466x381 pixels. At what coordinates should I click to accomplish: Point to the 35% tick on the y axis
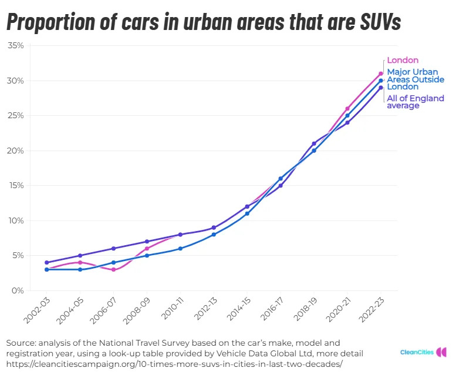pos(16,46)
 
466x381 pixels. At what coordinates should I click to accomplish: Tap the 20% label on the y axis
pos(16,151)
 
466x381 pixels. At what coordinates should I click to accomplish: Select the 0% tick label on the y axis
pos(18,291)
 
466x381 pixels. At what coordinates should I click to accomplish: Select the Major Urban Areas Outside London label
pos(415,79)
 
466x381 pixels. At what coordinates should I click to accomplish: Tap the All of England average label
pos(415,102)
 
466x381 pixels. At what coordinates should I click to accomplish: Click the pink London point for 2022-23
pos(381,73)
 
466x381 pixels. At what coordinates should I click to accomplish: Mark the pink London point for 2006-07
pos(113,270)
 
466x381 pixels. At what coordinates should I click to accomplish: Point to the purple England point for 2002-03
pos(46,263)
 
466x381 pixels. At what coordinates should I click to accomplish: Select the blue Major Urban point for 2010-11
pos(180,249)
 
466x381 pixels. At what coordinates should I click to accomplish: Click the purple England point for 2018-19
pos(314,143)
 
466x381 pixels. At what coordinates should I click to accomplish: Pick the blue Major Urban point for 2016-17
pos(281,179)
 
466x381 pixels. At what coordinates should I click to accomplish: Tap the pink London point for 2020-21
pos(347,109)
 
